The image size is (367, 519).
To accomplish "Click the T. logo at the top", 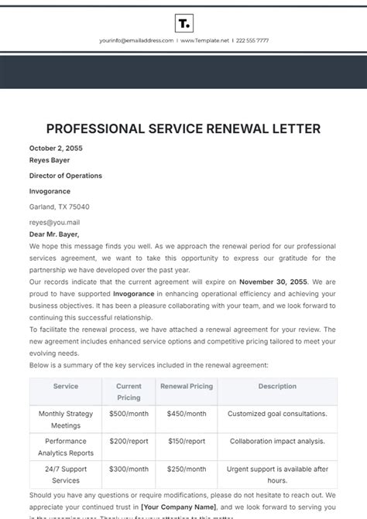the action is click(183, 22).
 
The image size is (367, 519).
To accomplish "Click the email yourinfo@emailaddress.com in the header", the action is click(136, 40).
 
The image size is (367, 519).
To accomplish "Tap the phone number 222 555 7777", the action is click(252, 40).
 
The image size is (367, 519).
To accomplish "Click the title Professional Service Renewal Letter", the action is click(183, 128).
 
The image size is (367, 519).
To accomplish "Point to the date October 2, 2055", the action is click(56, 148).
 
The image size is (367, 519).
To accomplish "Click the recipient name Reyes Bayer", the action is click(50, 161).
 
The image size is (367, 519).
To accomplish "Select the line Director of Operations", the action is click(66, 176).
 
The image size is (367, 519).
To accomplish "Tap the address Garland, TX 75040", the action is click(60, 207).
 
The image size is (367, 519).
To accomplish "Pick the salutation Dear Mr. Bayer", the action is click(54, 234).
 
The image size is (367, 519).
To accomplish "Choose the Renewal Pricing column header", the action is click(186, 386).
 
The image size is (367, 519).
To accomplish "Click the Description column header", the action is click(277, 386).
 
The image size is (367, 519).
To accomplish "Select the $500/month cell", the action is click(129, 414).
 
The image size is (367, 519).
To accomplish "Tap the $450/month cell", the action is click(186, 414).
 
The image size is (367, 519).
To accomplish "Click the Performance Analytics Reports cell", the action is click(65, 447).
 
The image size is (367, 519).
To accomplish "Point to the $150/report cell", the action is click(186, 441).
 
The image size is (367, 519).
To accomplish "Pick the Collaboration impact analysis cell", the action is click(277, 441).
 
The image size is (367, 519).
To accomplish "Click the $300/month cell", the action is click(129, 469).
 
